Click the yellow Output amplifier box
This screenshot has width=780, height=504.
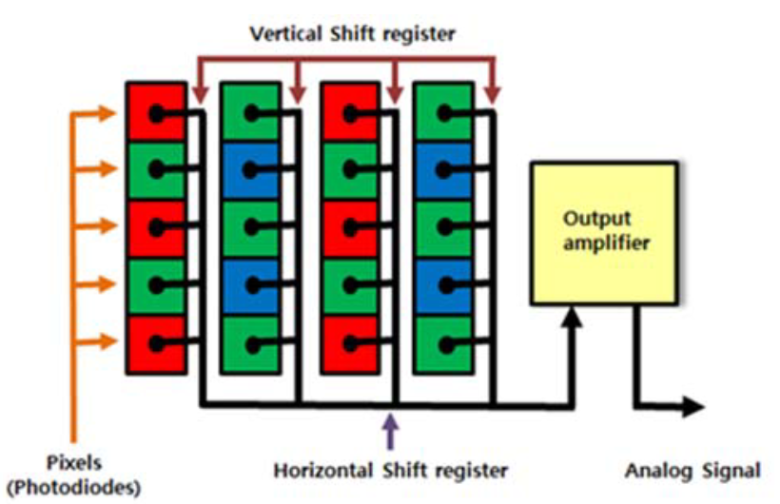603,232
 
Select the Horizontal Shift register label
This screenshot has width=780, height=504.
390,470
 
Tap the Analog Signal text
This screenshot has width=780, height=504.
692,470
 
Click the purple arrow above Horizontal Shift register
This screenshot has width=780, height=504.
390,434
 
